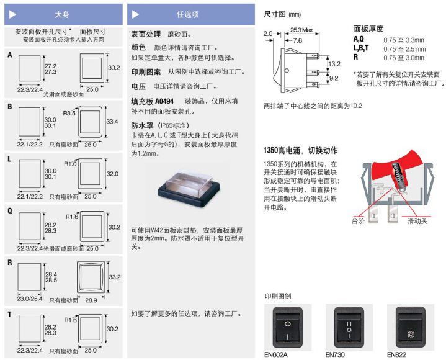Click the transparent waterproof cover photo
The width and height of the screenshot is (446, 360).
point(187,185)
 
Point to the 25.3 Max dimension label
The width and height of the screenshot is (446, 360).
point(301,29)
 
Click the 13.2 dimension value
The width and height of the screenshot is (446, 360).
point(334,64)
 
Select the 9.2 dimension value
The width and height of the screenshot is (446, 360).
point(334,78)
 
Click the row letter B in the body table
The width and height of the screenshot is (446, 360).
point(9,107)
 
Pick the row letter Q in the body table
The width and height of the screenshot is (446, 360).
point(9,210)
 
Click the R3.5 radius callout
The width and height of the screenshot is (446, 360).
point(69,114)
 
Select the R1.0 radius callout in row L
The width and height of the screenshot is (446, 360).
point(70,164)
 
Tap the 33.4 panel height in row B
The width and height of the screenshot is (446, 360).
point(112,121)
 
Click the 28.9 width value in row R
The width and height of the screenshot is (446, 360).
point(91,300)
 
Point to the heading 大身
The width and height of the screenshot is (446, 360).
point(63,14)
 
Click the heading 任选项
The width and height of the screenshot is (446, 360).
point(187,14)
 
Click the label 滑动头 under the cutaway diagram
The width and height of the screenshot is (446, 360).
point(418,221)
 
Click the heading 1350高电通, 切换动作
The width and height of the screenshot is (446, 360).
point(300,150)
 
